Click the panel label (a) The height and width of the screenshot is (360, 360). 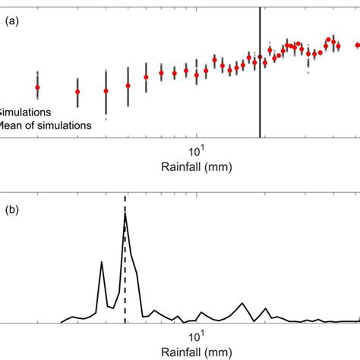click(12, 22)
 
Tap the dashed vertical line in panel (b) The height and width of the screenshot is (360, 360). click(125, 258)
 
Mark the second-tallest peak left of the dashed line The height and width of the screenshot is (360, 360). click(102, 262)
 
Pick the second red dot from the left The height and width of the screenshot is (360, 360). click(77, 92)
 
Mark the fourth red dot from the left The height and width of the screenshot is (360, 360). click(128, 86)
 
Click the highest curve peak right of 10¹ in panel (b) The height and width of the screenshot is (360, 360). click(242, 304)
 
